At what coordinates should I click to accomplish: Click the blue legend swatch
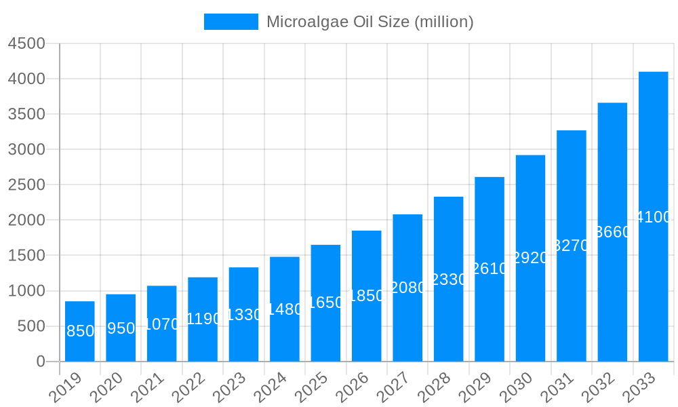pos(231,22)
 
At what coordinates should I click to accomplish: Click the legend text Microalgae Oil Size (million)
pos(370,22)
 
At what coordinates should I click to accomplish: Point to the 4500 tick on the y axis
pos(26,43)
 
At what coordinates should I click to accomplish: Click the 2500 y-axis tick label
pos(26,185)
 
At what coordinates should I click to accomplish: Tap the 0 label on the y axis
pos(41,362)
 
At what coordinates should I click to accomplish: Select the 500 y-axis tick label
pos(31,326)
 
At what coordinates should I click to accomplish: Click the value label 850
pos(80,331)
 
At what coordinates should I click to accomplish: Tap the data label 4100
pos(654,217)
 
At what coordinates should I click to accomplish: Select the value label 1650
pos(325,303)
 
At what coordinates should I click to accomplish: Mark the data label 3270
pos(572,246)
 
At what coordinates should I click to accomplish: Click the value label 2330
pos(448,279)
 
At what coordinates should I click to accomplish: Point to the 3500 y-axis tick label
pos(26,114)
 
